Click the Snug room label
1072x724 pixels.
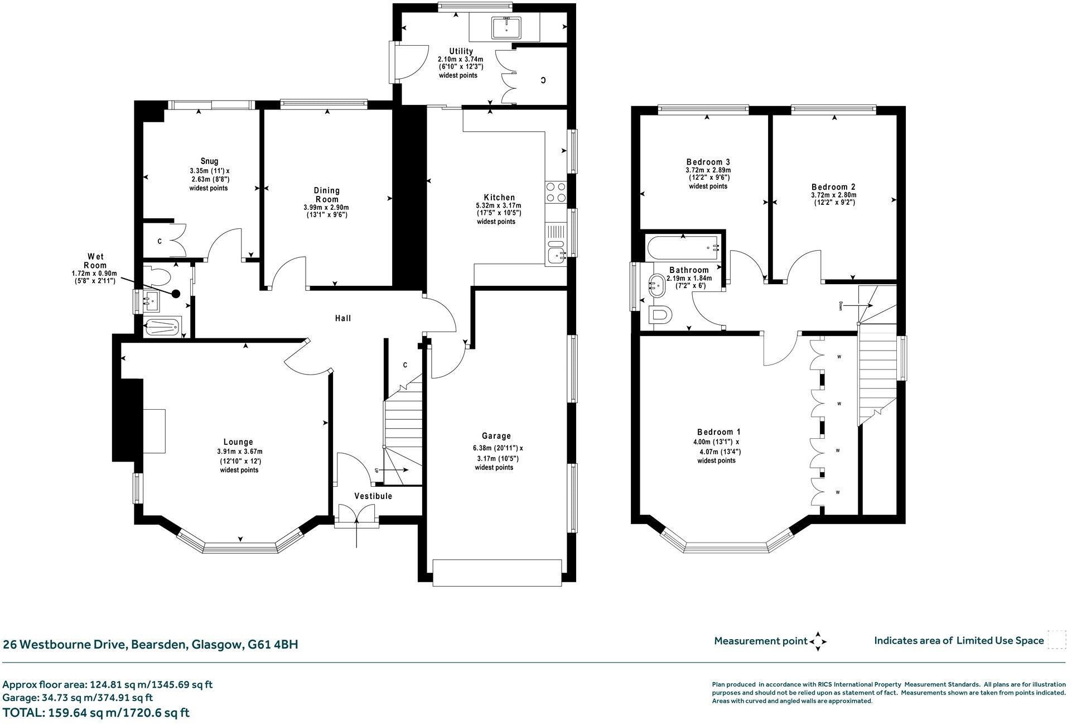(x=210, y=161)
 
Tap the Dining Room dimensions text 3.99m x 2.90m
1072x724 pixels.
(x=326, y=207)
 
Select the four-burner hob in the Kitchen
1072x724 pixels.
(x=556, y=192)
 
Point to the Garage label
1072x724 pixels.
(x=496, y=436)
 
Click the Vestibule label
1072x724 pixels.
(x=373, y=496)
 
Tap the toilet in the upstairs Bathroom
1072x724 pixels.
(x=661, y=315)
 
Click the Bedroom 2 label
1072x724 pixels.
(x=833, y=187)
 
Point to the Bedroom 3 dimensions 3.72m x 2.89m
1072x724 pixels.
(x=708, y=170)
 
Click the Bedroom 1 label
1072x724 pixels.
(x=718, y=432)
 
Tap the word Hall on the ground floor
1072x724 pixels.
(x=343, y=318)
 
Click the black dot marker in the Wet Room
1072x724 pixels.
(x=176, y=293)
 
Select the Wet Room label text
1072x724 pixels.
(x=95, y=261)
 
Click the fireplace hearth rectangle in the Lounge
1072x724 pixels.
(x=154, y=430)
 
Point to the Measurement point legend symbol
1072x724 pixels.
(x=818, y=641)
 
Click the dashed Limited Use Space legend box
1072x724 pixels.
(x=1056, y=640)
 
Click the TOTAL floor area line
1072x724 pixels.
(x=96, y=713)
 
